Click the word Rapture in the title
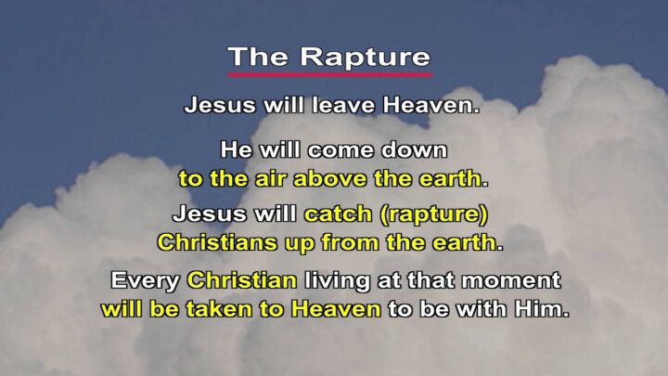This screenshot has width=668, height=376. [366, 58]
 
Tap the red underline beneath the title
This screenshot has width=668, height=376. [329, 74]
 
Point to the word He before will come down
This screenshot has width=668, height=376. [238, 150]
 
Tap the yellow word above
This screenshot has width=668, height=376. [329, 178]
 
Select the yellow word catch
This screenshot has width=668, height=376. [338, 214]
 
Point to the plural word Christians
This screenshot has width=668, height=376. [217, 242]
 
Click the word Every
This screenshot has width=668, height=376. [145, 281]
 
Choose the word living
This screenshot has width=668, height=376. [338, 281]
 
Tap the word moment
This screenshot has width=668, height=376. [511, 280]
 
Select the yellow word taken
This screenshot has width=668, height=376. [219, 309]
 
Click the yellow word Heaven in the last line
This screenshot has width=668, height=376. [336, 309]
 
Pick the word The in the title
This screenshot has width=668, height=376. [258, 57]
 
